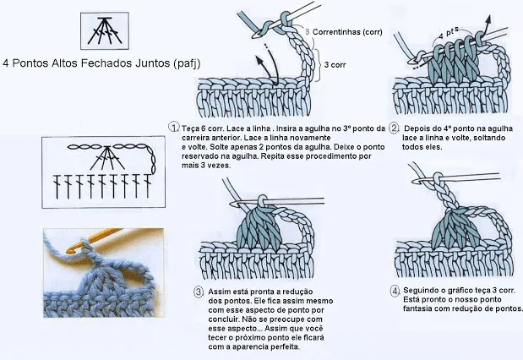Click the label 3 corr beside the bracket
[335, 63]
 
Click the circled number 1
[172, 127]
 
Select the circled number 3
[199, 292]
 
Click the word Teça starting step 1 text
[190, 128]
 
